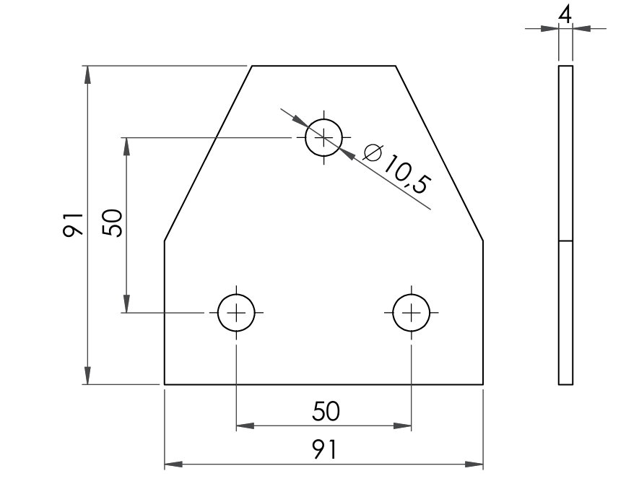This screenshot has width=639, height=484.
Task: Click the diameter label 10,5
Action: tap(407, 173)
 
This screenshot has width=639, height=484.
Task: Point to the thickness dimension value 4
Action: tap(565, 15)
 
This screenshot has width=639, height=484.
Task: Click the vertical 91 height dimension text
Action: tap(73, 224)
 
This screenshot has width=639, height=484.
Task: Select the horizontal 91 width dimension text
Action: tap(325, 449)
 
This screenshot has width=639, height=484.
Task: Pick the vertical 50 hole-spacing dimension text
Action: tap(112, 222)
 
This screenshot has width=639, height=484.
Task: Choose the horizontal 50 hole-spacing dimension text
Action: tap(326, 411)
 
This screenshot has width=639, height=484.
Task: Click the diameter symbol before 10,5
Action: tap(373, 153)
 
